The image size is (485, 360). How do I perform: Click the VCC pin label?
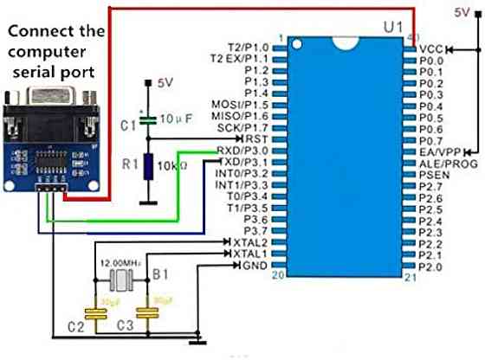431,50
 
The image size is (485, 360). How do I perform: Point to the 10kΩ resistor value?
174,166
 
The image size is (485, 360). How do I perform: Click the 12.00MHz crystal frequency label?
121,262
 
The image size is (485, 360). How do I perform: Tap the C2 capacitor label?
76,326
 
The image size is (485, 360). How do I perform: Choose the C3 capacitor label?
126,326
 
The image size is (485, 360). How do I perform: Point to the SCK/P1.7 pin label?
245,127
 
